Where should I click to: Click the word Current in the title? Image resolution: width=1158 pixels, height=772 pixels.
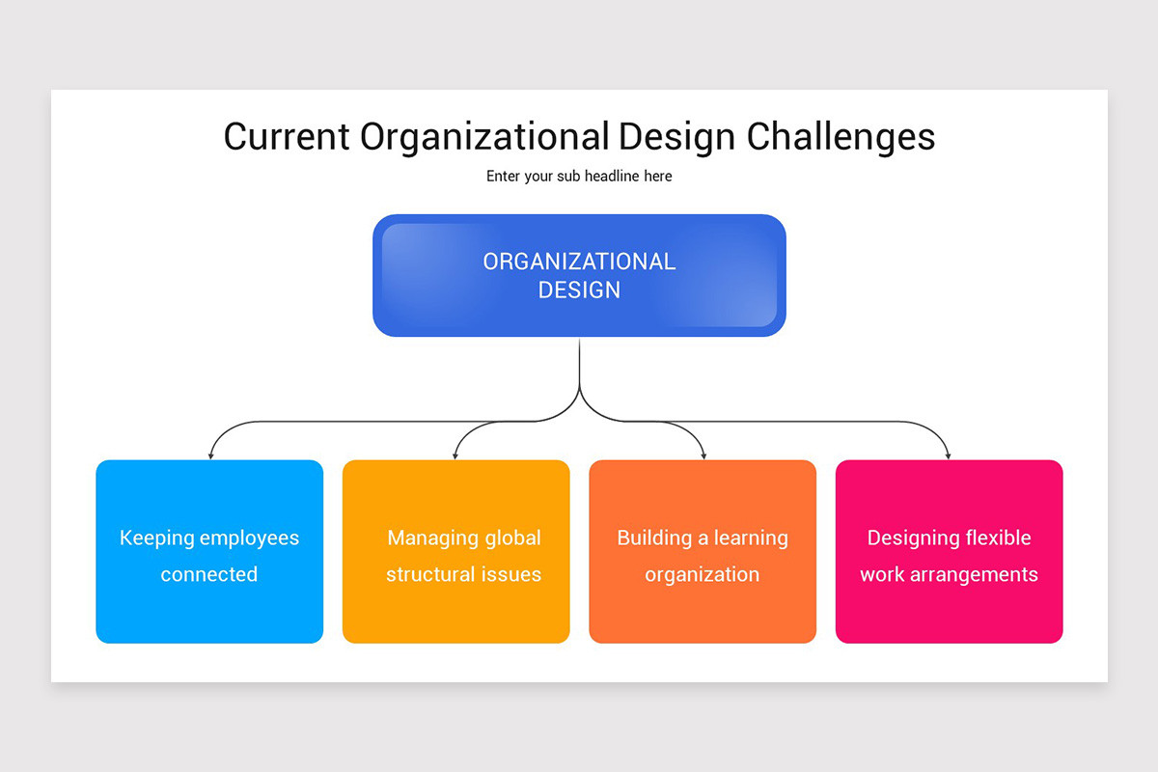click(x=286, y=136)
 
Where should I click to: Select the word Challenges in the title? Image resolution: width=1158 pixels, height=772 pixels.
click(x=841, y=136)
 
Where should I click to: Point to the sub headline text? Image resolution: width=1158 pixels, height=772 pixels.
click(x=579, y=177)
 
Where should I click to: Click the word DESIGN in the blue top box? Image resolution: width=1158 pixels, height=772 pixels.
click(x=579, y=289)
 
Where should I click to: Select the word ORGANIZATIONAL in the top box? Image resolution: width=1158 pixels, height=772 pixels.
click(x=579, y=262)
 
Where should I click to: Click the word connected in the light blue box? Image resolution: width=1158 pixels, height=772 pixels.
click(x=209, y=574)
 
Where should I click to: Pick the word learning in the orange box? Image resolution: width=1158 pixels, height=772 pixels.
click(x=751, y=538)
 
